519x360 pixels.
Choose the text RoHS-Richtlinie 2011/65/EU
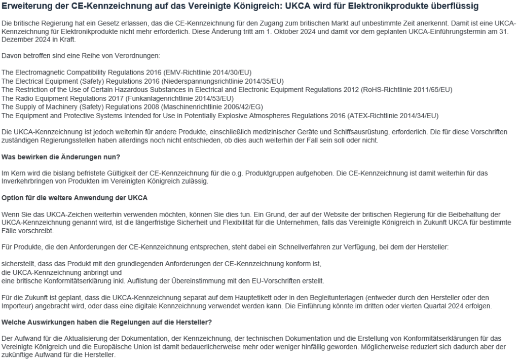[x=406, y=89]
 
